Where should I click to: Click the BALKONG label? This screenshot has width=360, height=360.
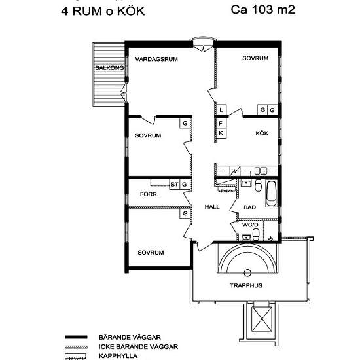[109, 68]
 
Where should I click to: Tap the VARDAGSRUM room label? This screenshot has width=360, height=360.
[156, 59]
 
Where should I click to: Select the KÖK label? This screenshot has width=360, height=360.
[262, 133]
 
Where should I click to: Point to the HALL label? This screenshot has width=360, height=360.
[212, 207]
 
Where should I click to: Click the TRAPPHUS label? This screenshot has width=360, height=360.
[246, 285]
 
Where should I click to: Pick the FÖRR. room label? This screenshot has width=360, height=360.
[149, 194]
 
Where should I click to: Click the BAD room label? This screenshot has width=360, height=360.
[249, 207]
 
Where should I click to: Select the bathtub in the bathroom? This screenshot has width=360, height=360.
[272, 194]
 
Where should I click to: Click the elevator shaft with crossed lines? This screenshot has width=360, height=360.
[262, 319]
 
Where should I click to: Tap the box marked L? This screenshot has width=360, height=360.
[221, 110]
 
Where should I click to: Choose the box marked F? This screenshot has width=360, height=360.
[221, 124]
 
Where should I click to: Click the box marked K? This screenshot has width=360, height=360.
[221, 133]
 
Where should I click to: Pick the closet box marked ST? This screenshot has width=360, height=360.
[175, 184]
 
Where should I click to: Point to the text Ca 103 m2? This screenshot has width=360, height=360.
[262, 10]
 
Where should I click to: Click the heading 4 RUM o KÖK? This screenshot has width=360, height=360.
[103, 11]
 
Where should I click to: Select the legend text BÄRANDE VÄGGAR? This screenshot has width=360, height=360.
[130, 337]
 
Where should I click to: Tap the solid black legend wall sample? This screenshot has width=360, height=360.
[76, 337]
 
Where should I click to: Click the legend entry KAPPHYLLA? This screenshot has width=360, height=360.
[118, 356]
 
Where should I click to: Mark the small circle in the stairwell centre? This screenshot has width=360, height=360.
[247, 273]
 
